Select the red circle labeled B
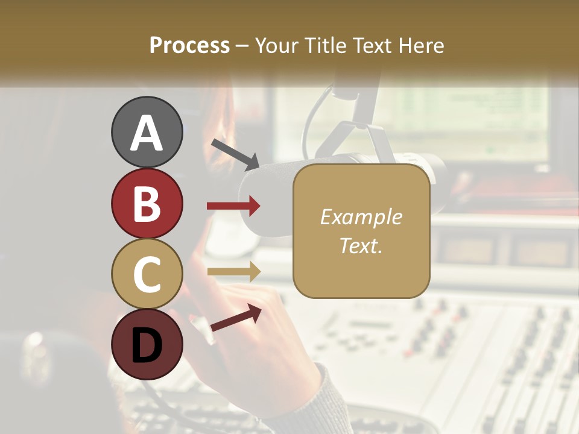[x=147, y=204]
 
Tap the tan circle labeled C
[x=147, y=274]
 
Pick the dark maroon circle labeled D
[x=147, y=344]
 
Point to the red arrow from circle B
[x=234, y=206]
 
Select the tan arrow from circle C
[x=234, y=271]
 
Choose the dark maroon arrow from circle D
[x=236, y=317]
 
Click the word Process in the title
[x=189, y=46]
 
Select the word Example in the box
[x=361, y=217]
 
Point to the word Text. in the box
[x=361, y=245]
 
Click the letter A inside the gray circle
[x=147, y=133]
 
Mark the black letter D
[x=147, y=345]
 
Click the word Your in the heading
[x=277, y=46]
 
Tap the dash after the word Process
[x=242, y=46]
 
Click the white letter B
[x=147, y=204]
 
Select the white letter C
[x=147, y=275]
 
